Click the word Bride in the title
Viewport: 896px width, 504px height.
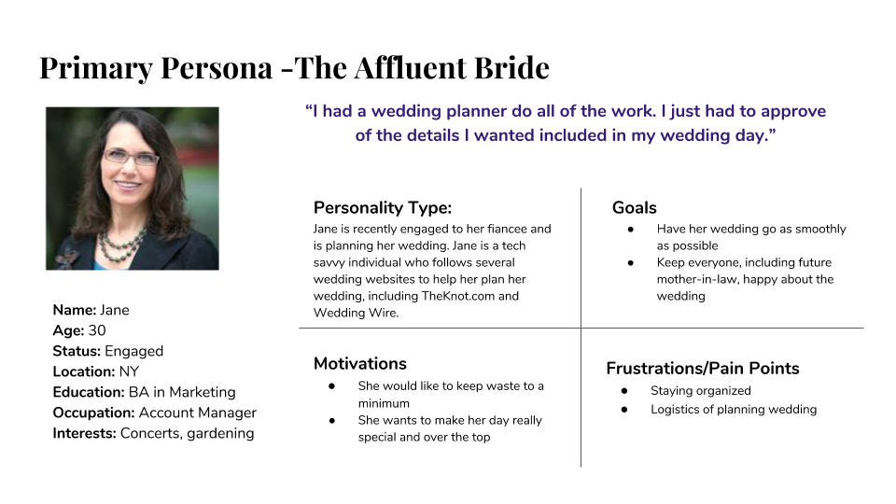point(512,68)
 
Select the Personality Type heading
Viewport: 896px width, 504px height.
point(383,208)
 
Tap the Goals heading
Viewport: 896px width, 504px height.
point(635,207)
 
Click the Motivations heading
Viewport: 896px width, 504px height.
point(360,363)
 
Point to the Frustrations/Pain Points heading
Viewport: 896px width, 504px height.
point(702,368)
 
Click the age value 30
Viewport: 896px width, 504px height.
point(97,330)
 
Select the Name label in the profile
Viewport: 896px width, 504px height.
point(75,310)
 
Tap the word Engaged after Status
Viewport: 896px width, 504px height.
point(133,352)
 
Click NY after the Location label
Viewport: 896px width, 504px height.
point(129,371)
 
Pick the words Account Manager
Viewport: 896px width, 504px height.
point(198,413)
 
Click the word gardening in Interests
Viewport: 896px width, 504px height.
point(220,434)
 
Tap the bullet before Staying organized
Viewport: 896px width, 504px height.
point(624,391)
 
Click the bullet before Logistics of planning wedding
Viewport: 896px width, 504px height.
point(624,410)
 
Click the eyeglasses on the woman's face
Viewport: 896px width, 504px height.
point(131,157)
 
